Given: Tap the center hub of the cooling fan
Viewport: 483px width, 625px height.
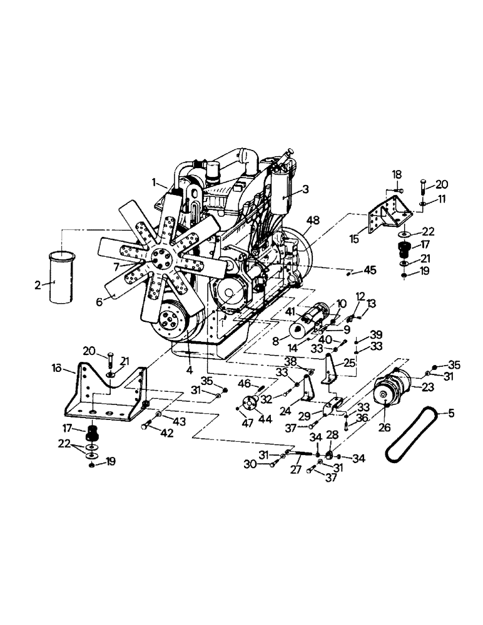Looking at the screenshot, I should click(161, 259).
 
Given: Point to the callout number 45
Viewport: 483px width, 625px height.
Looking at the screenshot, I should click(370, 271).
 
